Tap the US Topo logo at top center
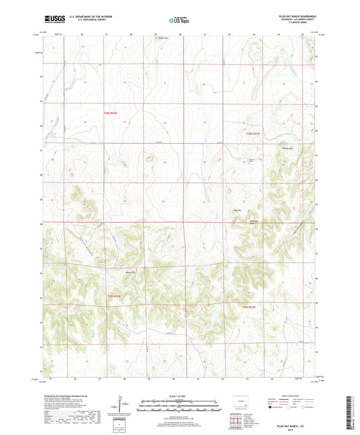tap(179, 20)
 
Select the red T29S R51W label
tap(249, 307)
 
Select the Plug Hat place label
tap(237, 211)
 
